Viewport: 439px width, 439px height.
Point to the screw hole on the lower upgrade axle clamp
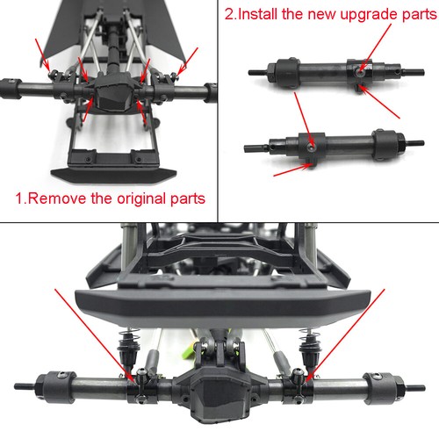pyautogui.click(x=310, y=138)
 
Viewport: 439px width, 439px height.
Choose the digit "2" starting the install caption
pyautogui.click(x=230, y=13)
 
